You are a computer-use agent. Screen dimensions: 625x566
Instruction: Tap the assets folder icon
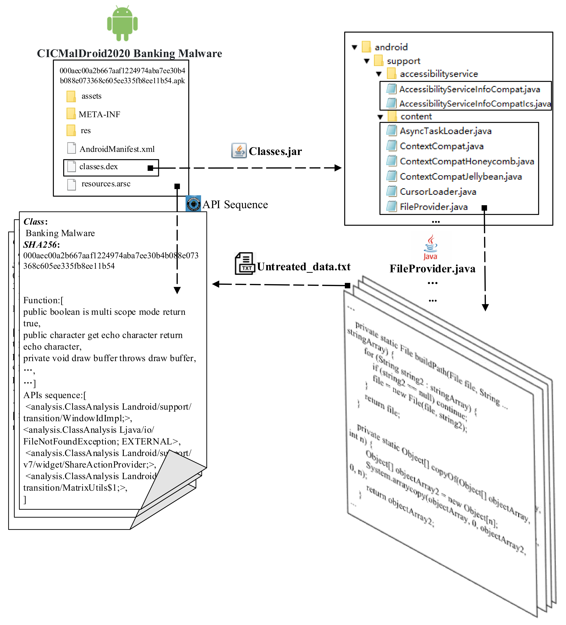[71, 96]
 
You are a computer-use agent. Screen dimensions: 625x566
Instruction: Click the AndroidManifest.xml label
[117, 149]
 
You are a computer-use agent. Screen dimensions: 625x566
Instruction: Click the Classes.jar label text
[275, 151]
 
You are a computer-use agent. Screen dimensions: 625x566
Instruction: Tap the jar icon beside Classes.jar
[239, 151]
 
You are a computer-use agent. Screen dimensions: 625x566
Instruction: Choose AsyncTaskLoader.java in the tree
[445, 131]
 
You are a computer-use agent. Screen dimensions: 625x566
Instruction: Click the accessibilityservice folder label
[439, 74]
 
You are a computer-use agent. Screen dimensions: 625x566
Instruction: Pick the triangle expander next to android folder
[354, 47]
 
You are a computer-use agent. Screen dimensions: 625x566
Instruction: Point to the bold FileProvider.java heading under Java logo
[432, 268]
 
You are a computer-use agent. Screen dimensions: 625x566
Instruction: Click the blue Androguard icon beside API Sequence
[193, 204]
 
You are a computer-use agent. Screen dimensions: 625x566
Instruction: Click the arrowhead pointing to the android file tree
[338, 168]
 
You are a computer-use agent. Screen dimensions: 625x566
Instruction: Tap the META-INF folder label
[99, 114]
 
